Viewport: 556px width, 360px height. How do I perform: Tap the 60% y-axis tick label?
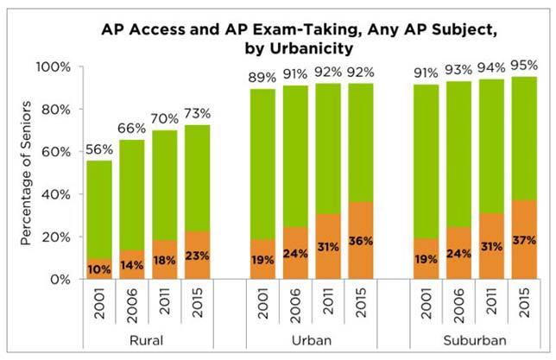point(54,152)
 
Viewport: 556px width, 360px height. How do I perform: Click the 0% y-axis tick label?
point(58,280)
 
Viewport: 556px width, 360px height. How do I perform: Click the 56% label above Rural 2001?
point(100,148)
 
